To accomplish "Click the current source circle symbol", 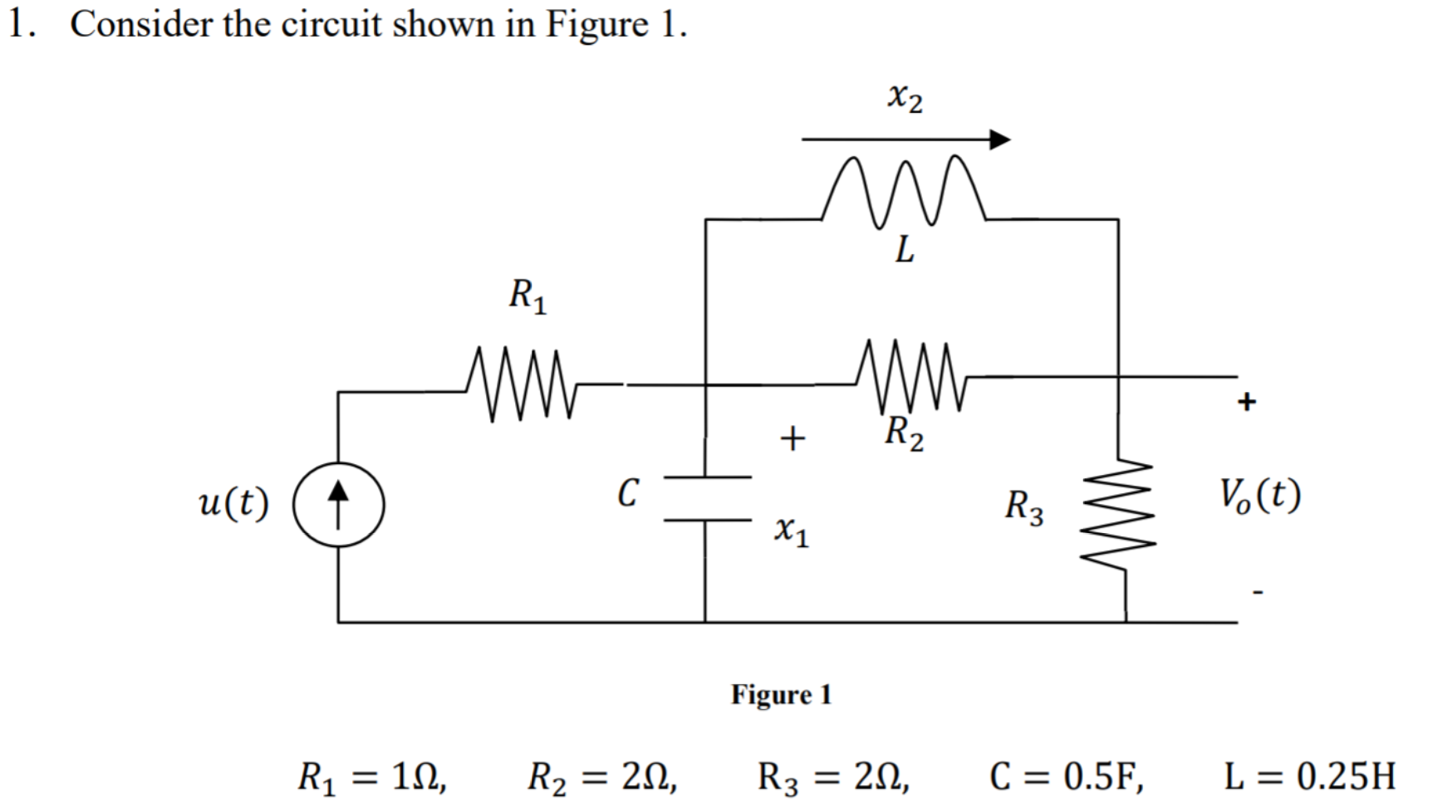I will (338, 505).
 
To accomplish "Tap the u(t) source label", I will (234, 503).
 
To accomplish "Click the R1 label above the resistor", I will (528, 296).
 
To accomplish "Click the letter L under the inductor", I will (904, 248).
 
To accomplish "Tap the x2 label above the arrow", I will (905, 98).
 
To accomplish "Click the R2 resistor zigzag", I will (910, 375).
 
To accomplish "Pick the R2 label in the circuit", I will (904, 433).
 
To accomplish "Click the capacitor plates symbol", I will (707, 499).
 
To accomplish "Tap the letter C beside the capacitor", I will (628, 492).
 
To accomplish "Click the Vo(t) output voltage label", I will (1259, 496).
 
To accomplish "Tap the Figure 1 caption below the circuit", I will (781, 694).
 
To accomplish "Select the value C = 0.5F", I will (1066, 776).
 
